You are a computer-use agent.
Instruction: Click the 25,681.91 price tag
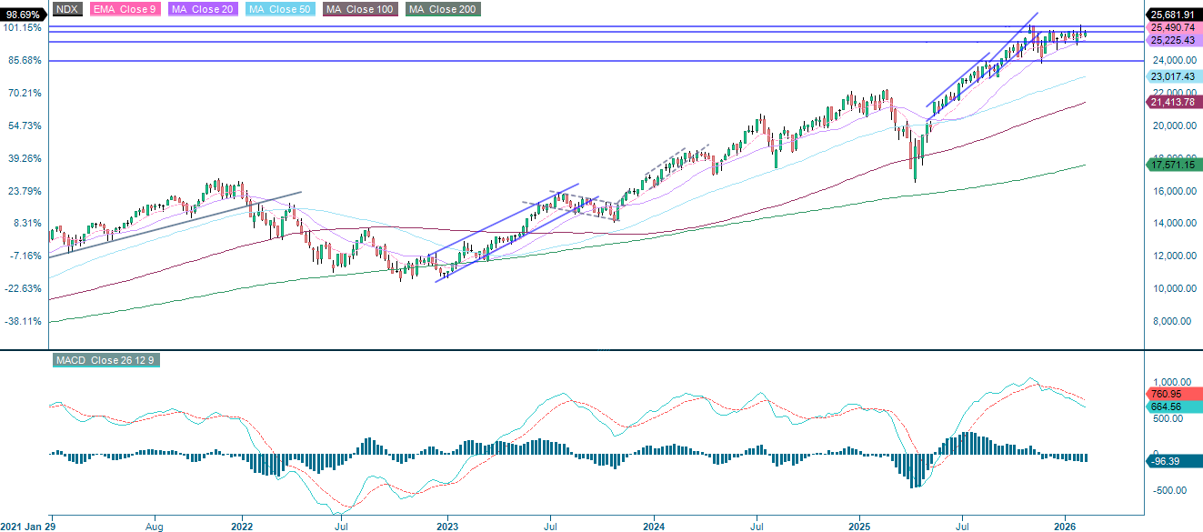(x=1172, y=15)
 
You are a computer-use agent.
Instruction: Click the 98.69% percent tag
(x=22, y=15)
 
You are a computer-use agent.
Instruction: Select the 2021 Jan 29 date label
(x=28, y=526)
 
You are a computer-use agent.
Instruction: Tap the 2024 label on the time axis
(x=655, y=526)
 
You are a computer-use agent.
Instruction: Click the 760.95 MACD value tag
(x=1164, y=395)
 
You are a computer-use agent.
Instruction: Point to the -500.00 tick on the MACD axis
(x=1167, y=491)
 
